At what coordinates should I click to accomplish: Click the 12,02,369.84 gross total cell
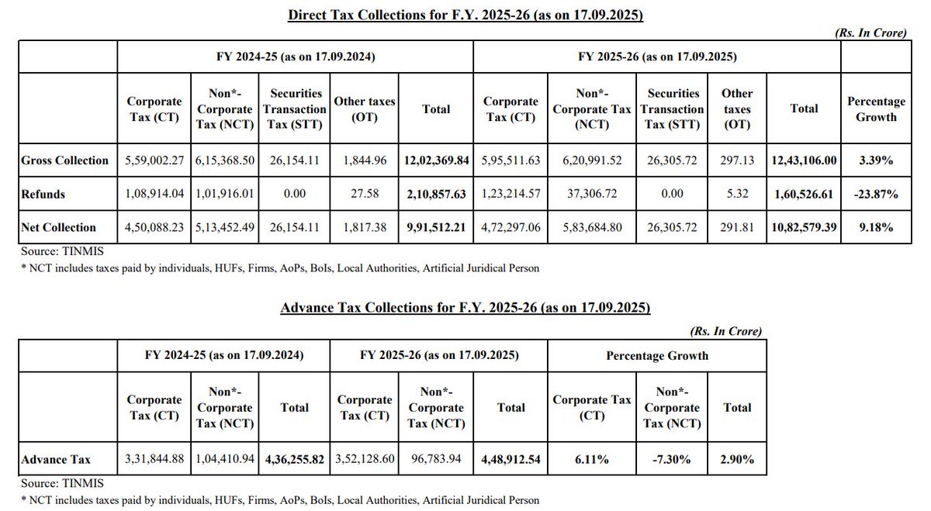437,161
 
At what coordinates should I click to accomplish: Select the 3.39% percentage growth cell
876,161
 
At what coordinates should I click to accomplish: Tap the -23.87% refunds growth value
876,194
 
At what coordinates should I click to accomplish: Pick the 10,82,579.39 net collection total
804,228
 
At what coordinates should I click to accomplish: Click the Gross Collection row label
65,161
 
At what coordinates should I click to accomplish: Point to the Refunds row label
44,194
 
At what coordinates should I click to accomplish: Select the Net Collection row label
59,228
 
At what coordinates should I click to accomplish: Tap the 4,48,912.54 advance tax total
510,460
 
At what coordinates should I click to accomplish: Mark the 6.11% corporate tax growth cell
591,460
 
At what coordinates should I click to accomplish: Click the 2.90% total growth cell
736,460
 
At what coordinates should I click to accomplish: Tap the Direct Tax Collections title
465,16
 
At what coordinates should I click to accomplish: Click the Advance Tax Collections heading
465,308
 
